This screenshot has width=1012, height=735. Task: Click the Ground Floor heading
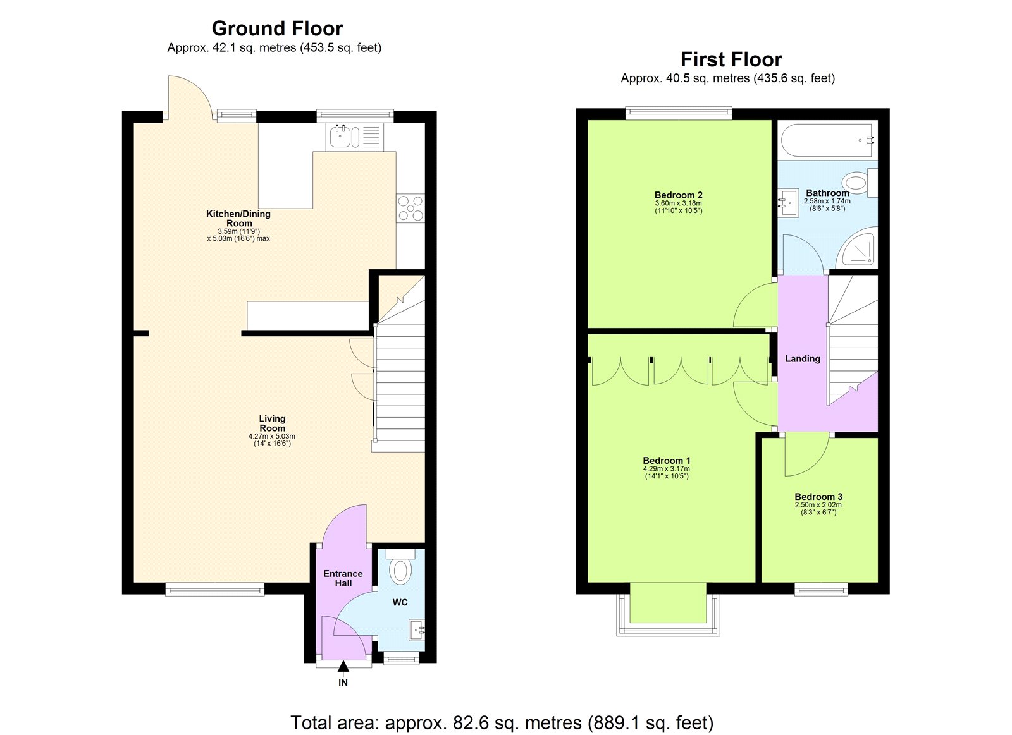pyautogui.click(x=277, y=28)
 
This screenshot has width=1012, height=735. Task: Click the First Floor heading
pyautogui.click(x=731, y=59)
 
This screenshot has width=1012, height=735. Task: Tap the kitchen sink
pyautogui.click(x=340, y=137)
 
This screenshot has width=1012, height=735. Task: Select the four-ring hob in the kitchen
pyautogui.click(x=410, y=209)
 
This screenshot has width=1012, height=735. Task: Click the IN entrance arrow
pyautogui.click(x=343, y=667)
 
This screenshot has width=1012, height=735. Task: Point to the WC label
pyautogui.click(x=400, y=602)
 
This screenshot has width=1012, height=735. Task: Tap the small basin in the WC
pyautogui.click(x=417, y=629)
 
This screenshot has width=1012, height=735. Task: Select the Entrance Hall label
pyautogui.click(x=343, y=578)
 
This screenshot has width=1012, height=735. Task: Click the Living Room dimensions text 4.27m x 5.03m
pyautogui.click(x=272, y=436)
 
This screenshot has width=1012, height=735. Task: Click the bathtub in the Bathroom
pyautogui.click(x=827, y=140)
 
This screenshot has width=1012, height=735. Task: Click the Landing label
pyautogui.click(x=803, y=358)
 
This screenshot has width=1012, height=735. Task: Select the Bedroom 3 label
pyautogui.click(x=818, y=497)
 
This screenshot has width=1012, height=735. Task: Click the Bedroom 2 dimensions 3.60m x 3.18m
pyautogui.click(x=678, y=203)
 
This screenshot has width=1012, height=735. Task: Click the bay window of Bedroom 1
pyautogui.click(x=668, y=610)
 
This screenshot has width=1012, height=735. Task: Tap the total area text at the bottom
pyautogui.click(x=502, y=722)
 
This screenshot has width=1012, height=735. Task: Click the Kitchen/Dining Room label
pyautogui.click(x=238, y=218)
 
